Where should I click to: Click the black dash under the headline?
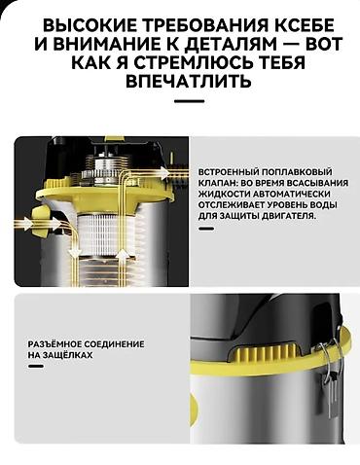point(179,102)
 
